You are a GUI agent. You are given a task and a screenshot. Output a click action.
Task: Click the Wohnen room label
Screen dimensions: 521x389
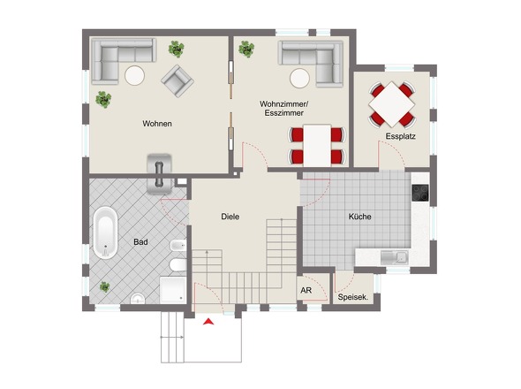click(157, 124)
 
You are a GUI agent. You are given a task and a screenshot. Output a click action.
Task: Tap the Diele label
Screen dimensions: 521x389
click(230, 217)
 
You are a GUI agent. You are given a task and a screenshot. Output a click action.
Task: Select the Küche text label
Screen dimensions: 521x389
click(360, 217)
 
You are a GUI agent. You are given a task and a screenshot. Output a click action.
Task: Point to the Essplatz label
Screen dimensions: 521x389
click(400, 136)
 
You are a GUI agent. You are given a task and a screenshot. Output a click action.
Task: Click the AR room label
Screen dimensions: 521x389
click(306, 291)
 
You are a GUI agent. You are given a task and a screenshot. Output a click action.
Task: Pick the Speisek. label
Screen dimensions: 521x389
click(353, 297)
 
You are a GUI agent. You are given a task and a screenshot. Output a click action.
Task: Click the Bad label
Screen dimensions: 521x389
click(140, 242)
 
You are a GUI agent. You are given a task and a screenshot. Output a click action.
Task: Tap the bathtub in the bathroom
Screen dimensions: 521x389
click(105, 233)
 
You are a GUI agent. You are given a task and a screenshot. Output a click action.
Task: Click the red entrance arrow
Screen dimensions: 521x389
click(208, 322)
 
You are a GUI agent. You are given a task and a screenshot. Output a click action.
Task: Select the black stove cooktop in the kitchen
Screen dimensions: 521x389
click(420, 193)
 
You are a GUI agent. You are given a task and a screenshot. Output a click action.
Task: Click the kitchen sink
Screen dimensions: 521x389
click(395, 257)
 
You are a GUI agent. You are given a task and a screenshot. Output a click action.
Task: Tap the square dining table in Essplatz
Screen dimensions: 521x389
click(392, 104)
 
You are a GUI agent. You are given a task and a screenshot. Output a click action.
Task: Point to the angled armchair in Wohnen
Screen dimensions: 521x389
click(177, 80)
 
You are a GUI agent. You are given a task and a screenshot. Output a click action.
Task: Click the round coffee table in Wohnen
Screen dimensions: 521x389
click(134, 75)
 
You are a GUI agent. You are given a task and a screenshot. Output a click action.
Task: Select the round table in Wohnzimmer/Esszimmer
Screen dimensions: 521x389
click(299, 78)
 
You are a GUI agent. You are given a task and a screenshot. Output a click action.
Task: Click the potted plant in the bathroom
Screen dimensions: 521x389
click(105, 286)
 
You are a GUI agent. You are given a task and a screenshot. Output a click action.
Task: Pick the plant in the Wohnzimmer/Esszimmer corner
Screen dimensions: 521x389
click(246, 49)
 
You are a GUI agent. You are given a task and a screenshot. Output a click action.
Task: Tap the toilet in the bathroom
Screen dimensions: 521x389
click(177, 265)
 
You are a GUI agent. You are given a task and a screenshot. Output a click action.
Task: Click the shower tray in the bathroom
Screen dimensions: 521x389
click(173, 290)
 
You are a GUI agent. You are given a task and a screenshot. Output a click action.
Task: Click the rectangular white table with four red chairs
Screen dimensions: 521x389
click(317, 146)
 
